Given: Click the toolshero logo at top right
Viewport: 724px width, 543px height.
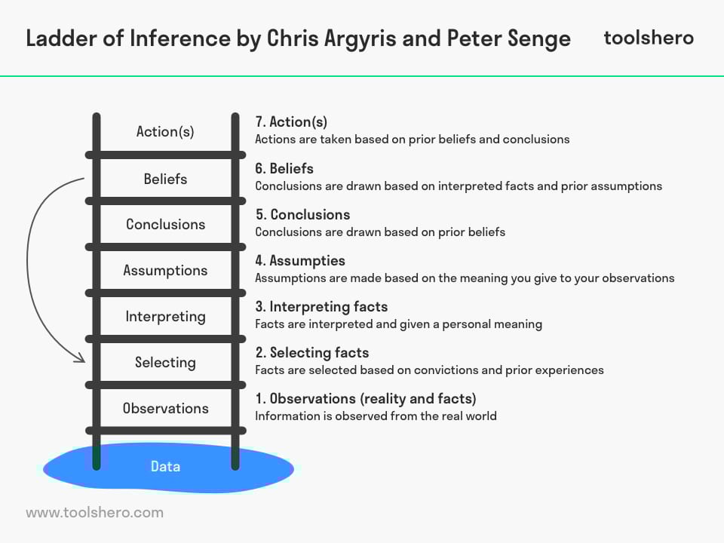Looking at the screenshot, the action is pyautogui.click(x=649, y=38).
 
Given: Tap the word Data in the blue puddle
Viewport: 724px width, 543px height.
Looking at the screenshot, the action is pyautogui.click(x=165, y=466).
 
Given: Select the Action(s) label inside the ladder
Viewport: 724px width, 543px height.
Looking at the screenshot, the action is pyautogui.click(x=165, y=131).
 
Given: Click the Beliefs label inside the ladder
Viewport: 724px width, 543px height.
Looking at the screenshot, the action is pyautogui.click(x=165, y=179).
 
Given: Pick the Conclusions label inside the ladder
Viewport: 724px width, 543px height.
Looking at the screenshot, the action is pyautogui.click(x=165, y=225).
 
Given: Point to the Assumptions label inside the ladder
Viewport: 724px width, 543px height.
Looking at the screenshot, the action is pyautogui.click(x=165, y=271).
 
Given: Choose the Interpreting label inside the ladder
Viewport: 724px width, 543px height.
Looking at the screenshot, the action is pyautogui.click(x=165, y=317).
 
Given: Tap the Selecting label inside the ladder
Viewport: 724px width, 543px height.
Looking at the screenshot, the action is pyautogui.click(x=165, y=363).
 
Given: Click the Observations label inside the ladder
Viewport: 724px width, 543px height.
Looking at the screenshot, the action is pyautogui.click(x=165, y=408).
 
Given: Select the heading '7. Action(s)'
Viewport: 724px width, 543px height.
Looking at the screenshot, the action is pyautogui.click(x=291, y=122).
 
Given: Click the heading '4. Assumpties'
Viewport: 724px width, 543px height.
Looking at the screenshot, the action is pyautogui.click(x=300, y=261).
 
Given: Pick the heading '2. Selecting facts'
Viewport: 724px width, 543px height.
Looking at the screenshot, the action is pyautogui.click(x=312, y=353).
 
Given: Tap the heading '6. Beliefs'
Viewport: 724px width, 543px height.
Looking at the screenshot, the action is pyautogui.click(x=284, y=168).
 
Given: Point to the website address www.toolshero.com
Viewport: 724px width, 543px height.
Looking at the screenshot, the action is pyautogui.click(x=95, y=513).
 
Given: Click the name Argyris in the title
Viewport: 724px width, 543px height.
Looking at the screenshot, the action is pyautogui.click(x=360, y=38).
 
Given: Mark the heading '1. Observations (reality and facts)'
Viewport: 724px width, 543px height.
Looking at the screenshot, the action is pyautogui.click(x=366, y=399).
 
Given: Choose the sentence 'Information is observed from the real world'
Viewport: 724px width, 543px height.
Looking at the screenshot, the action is pyautogui.click(x=376, y=416).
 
